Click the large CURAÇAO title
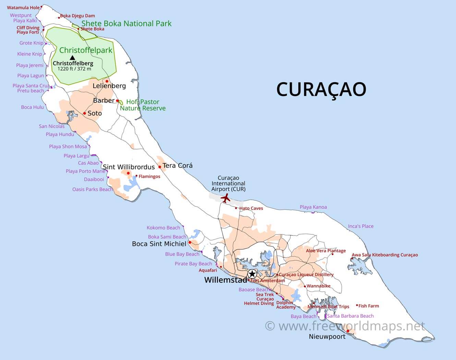coord(321,89)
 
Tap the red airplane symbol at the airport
coord(225,198)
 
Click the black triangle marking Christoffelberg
coord(72,58)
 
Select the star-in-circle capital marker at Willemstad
coord(252,274)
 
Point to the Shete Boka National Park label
coord(126,24)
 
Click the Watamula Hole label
coord(23,8)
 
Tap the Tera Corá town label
coord(178,165)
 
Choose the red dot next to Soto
coord(84,113)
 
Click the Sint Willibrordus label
coord(129,167)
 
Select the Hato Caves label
coord(251,208)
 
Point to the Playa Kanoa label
coord(313,207)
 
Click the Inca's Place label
coord(361,226)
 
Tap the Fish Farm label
coord(369,306)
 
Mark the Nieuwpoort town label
coord(327,337)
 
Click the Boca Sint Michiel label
coord(159,244)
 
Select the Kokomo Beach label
coord(163,228)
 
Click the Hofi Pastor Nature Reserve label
coord(143,105)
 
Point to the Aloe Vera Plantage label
coord(326,251)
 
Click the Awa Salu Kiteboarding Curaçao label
coord(385,255)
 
